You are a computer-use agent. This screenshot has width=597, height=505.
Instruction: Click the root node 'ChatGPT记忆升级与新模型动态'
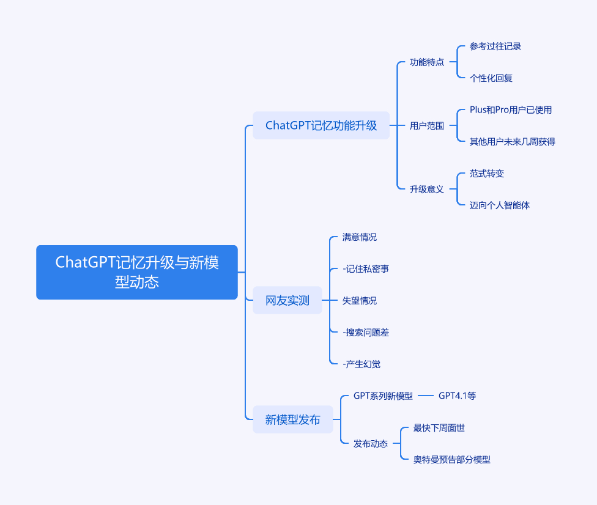click(x=136, y=272)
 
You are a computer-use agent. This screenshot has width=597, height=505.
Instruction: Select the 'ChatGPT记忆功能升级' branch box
click(x=321, y=125)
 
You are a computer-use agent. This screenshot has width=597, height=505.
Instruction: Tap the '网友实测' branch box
click(x=287, y=300)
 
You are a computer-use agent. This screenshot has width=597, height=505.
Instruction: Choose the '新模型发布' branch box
click(x=293, y=419)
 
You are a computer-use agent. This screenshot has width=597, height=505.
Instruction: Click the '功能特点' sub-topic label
click(x=427, y=62)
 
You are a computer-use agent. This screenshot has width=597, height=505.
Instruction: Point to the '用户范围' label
click(x=427, y=125)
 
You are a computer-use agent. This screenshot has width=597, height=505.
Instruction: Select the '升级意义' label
click(x=427, y=189)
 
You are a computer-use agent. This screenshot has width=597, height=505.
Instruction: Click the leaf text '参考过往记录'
click(x=495, y=46)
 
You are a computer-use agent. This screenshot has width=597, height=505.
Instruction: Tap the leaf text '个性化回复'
click(x=491, y=78)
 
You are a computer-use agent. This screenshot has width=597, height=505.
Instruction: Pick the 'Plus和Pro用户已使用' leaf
click(x=511, y=110)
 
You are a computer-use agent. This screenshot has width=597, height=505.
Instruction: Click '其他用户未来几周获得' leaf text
click(x=513, y=142)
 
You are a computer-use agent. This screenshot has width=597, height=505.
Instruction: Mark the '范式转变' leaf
click(x=487, y=174)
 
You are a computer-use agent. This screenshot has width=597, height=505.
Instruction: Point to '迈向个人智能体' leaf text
click(x=500, y=205)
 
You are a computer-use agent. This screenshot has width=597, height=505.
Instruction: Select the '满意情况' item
click(x=360, y=237)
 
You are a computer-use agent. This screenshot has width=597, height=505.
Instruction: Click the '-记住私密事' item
click(x=366, y=268)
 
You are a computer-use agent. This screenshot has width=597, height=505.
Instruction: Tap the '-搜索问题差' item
click(x=366, y=332)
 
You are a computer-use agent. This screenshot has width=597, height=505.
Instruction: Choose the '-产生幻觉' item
click(x=362, y=364)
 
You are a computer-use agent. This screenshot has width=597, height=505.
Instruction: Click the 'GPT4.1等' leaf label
click(x=458, y=396)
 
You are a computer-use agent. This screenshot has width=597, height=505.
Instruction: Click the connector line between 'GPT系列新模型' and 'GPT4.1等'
click(x=426, y=396)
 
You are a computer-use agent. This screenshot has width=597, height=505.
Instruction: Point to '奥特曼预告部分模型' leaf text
click(x=452, y=459)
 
